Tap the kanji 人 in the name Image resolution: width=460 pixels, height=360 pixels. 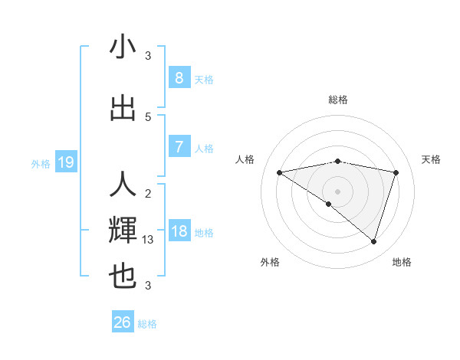click(x=123, y=185)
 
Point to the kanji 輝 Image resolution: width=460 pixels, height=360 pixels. click(x=123, y=231)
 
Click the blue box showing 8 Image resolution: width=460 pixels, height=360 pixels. click(x=179, y=78)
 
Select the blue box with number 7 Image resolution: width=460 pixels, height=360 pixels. click(x=179, y=147)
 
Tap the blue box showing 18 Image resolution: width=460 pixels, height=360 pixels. click(x=179, y=231)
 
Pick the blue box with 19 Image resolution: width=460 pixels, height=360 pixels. click(x=66, y=162)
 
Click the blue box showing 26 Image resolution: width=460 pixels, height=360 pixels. click(x=123, y=322)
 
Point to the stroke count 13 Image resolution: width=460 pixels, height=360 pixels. click(x=149, y=240)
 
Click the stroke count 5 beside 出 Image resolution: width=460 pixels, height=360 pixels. click(x=148, y=116)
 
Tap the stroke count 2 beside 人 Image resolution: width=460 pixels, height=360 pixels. click(x=148, y=193)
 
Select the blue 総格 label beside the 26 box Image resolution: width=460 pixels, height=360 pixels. click(x=147, y=324)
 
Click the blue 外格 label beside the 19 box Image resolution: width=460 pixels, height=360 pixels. click(x=41, y=163)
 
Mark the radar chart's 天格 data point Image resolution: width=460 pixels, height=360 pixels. click(x=396, y=172)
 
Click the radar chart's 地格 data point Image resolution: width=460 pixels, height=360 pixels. click(x=374, y=242)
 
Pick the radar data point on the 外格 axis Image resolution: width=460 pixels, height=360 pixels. click(x=329, y=204)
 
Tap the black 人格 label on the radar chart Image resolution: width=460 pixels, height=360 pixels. click(x=245, y=159)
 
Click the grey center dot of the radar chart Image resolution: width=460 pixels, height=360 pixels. click(x=337, y=190)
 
